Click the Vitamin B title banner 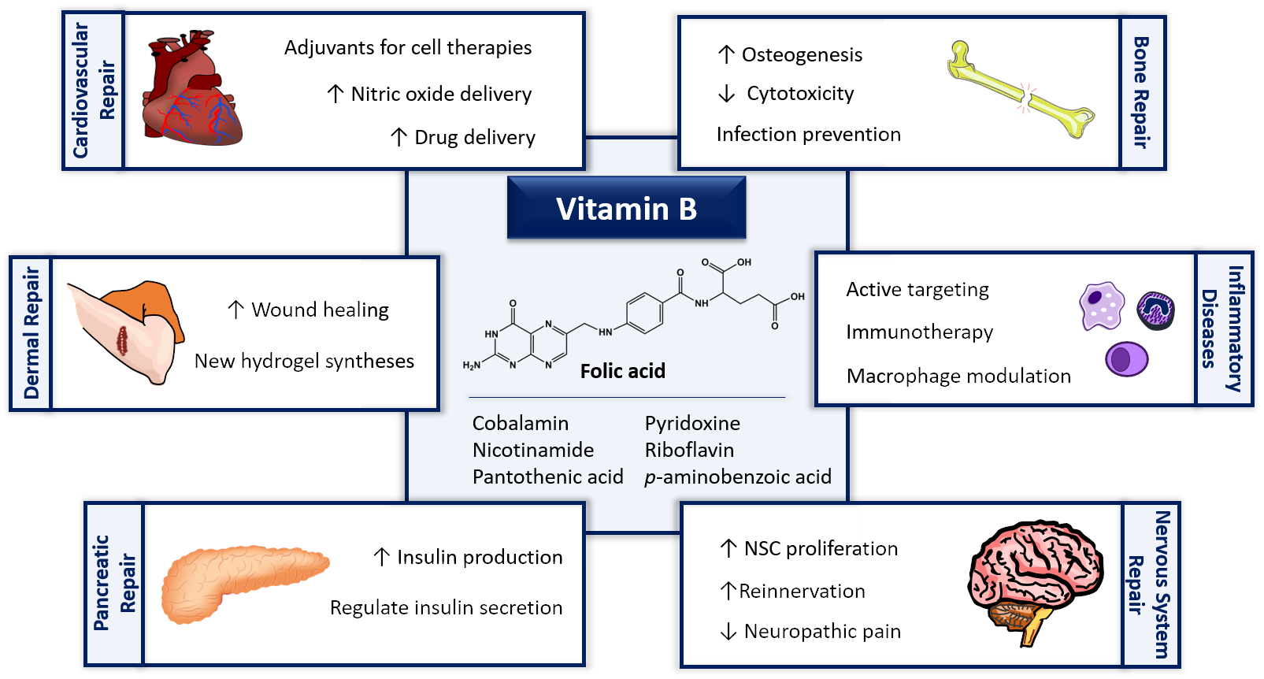tap(626, 208)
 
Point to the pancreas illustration tap(245, 584)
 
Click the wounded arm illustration tap(126, 332)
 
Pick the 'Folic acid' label tap(623, 371)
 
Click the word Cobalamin tap(521, 423)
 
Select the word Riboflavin tap(689, 450)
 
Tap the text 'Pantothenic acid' tap(548, 477)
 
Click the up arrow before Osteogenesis tap(726, 55)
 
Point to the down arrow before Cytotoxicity tap(727, 93)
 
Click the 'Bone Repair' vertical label tap(1142, 93)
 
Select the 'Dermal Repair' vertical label tap(32, 333)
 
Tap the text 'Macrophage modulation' tap(958, 376)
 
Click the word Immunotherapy tap(920, 332)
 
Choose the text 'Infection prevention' tap(809, 135)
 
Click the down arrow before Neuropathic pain tap(728, 632)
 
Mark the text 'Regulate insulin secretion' tap(447, 608)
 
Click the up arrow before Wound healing tap(236, 310)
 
